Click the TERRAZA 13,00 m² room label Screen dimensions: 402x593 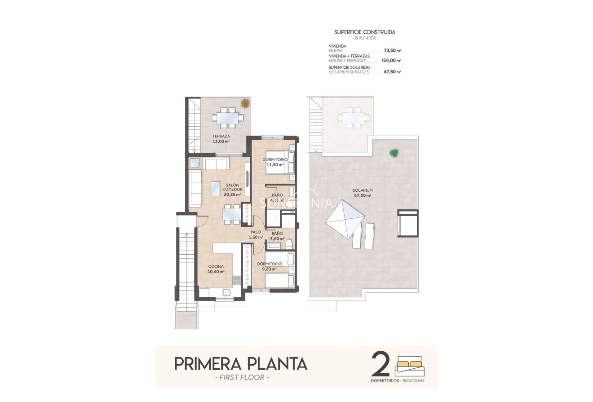(x=221, y=138)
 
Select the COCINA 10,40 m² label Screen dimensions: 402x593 (x=216, y=269)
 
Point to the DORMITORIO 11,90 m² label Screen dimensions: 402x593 (x=274, y=162)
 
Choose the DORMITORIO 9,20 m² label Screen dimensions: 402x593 (x=269, y=266)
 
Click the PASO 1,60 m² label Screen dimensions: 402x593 (x=256, y=235)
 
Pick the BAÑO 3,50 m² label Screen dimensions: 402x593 (x=277, y=236)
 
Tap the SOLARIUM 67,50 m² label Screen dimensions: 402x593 (x=362, y=193)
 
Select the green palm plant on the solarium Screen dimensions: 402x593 (x=394, y=153)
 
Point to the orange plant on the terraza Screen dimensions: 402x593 (x=245, y=103)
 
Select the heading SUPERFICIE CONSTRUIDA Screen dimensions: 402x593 (x=365, y=32)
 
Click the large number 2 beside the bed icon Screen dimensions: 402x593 (x=381, y=364)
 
